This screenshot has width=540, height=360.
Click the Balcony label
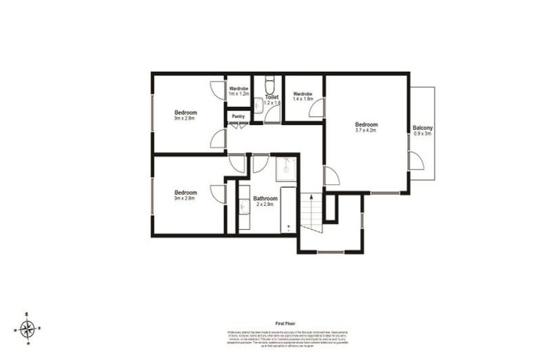pyautogui.click(x=423, y=127)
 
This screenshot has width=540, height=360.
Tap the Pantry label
pyautogui.click(x=238, y=116)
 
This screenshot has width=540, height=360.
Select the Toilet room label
pyautogui.click(x=271, y=97)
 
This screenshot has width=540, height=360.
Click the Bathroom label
pyautogui.click(x=265, y=199)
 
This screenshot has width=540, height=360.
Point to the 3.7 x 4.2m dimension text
pyautogui.click(x=367, y=131)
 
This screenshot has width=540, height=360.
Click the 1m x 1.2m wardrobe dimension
pyautogui.click(x=239, y=94)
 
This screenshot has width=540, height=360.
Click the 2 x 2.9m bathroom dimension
pyautogui.click(x=265, y=205)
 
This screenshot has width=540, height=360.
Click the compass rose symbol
pyautogui.click(x=27, y=328)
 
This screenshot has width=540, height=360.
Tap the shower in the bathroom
pyautogui.click(x=285, y=169)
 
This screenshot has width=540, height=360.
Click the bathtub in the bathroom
pyautogui.click(x=289, y=209)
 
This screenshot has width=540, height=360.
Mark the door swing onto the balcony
pyautogui.click(x=416, y=161)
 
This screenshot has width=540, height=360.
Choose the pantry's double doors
pyautogui.click(x=238, y=126)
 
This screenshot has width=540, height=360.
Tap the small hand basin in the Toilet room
pyautogui.click(x=258, y=105)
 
